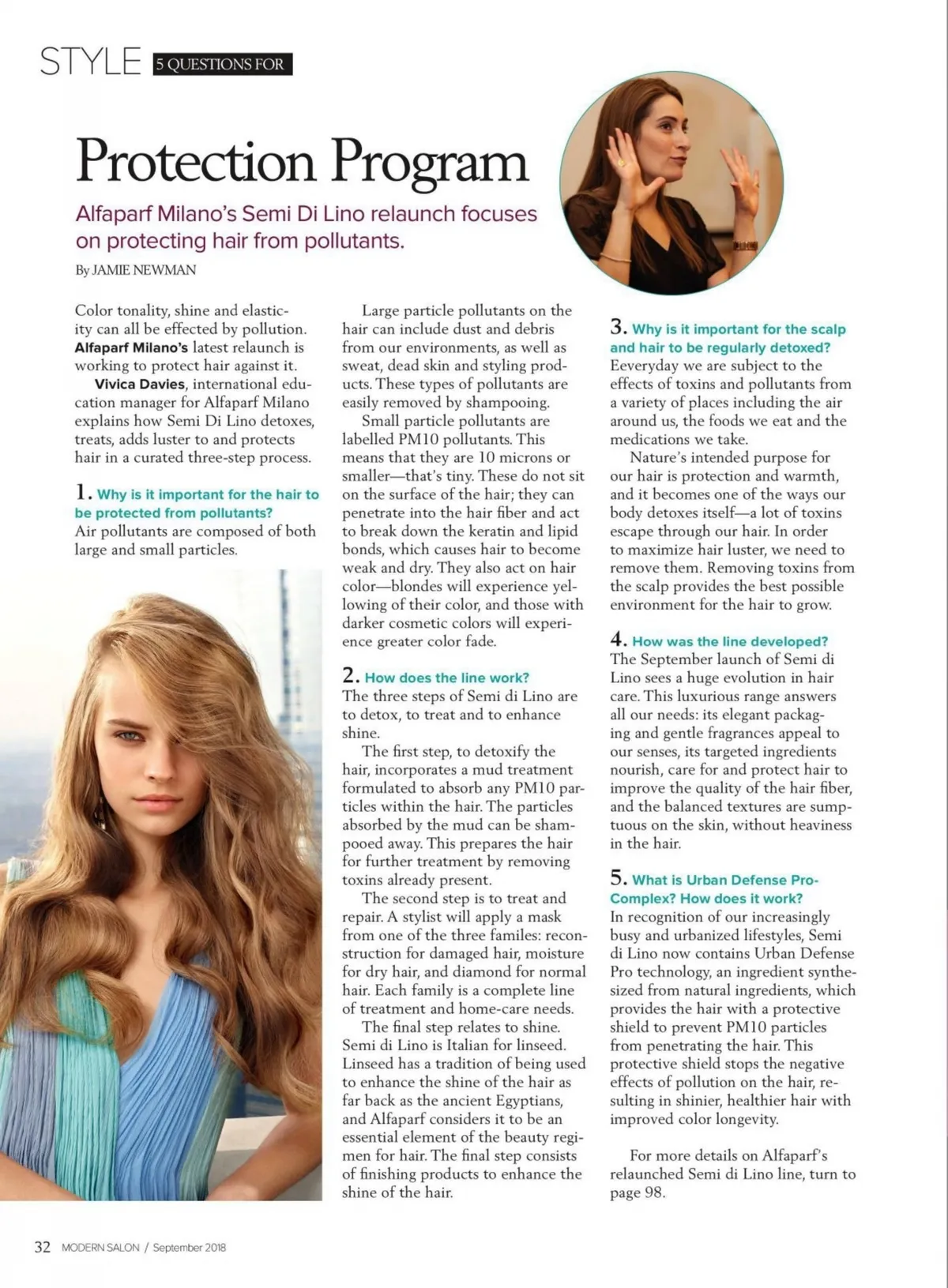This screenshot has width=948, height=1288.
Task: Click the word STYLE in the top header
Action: tap(90, 62)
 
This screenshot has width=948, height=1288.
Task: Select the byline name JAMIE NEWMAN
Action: tap(144, 270)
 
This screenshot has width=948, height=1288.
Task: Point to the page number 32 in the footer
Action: tap(42, 1247)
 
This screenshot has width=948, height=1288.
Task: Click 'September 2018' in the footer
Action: tap(189, 1248)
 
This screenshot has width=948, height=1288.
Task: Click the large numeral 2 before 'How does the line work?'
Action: tap(350, 675)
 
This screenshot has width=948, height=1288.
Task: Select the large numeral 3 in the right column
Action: tap(618, 327)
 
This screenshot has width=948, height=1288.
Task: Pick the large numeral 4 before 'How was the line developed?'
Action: tap(618, 640)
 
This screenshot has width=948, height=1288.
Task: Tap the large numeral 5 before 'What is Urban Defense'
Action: tap(618, 877)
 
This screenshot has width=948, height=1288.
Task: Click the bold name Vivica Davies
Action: tap(139, 385)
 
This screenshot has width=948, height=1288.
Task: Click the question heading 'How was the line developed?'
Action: tap(729, 642)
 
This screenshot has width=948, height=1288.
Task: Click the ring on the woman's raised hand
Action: tap(621, 163)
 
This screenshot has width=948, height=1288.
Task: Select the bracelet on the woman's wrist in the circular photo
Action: tap(744, 246)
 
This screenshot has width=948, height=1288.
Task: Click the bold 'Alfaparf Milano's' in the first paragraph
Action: tap(131, 347)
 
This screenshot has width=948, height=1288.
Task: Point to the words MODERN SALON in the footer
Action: tap(100, 1248)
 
